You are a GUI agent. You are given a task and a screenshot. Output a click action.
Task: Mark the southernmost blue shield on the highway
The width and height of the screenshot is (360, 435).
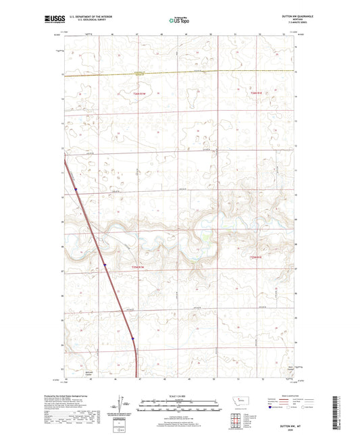(x=133, y=339)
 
